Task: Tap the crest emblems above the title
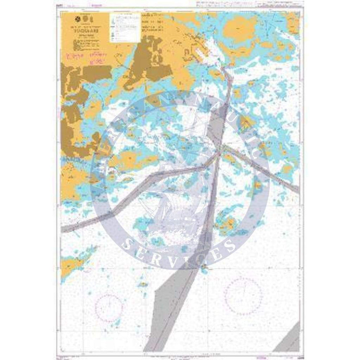[83, 19]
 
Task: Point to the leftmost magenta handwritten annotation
[74, 57]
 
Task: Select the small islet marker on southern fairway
[205, 267]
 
